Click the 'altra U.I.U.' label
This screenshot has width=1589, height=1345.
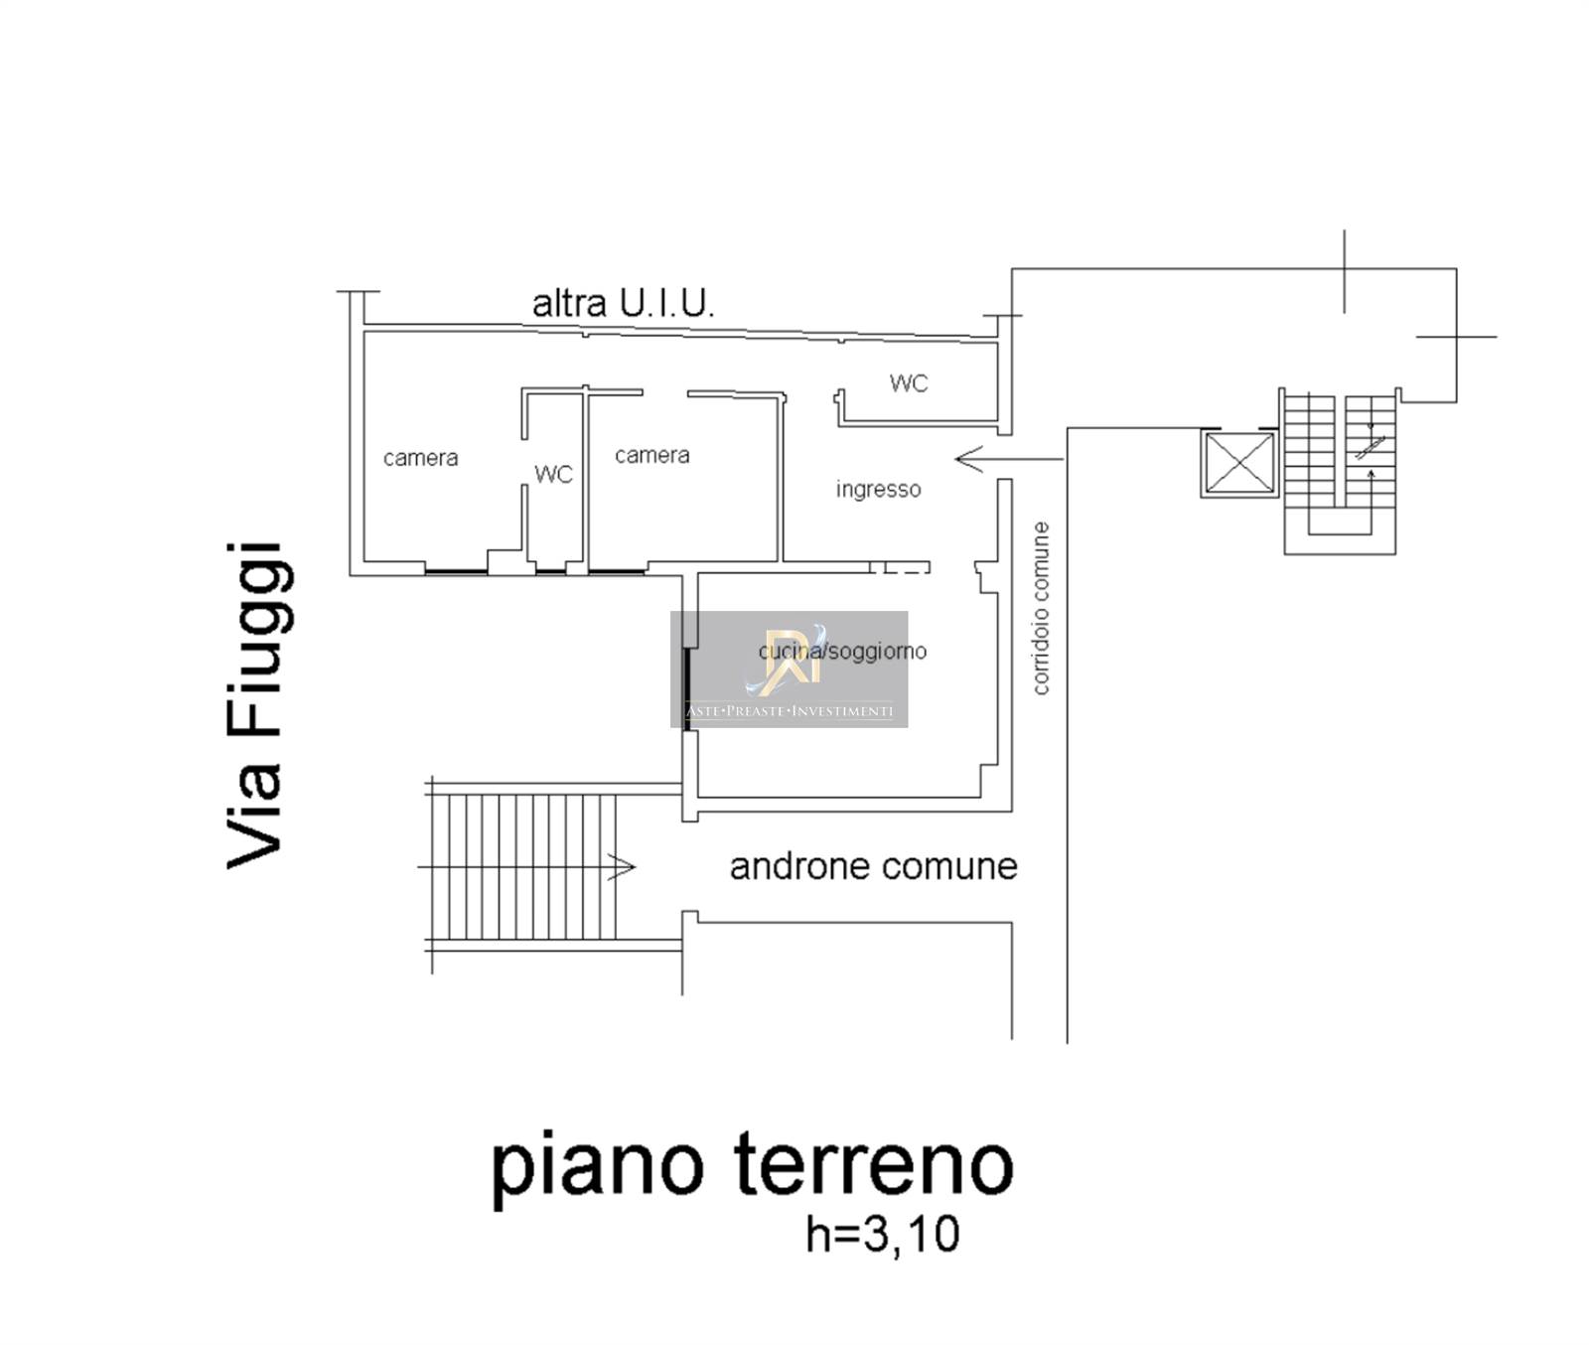pos(623,303)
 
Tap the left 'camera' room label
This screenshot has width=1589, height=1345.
pos(420,458)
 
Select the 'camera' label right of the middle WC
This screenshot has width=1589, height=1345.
pos(651,455)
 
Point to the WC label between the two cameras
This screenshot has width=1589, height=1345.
pos(553,474)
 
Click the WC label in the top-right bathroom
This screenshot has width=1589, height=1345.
pos(909,382)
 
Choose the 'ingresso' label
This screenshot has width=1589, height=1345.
pos(878,489)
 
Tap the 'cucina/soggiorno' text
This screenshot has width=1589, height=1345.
pos(842,651)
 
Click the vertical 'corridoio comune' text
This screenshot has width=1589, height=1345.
pos(1040,608)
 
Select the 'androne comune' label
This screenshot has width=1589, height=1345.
pos(873,866)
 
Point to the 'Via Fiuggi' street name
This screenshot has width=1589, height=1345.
pos(256,705)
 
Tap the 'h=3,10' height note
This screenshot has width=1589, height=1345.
pos(882,1235)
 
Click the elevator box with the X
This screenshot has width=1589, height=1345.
pos(1239,463)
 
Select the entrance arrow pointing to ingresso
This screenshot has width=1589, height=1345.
pos(1009,459)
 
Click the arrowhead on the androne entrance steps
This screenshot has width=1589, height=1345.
pos(623,866)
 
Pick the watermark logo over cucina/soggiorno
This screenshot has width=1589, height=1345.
pos(787,659)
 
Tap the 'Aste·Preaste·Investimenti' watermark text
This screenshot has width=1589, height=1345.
pos(790,711)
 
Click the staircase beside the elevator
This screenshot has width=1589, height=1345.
pos(1340,471)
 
